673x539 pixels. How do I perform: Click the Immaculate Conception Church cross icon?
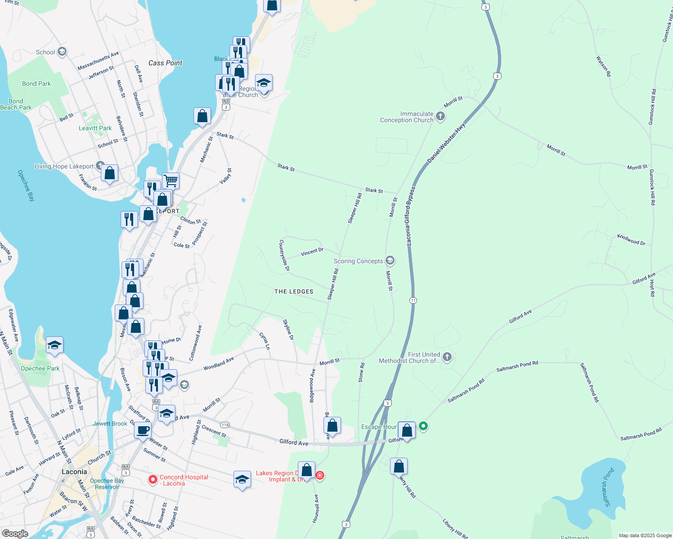[440, 117]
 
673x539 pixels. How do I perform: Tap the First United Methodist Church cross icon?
[447, 357]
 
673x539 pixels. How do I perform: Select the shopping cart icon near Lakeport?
[171, 181]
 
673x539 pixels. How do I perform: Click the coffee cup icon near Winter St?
[143, 430]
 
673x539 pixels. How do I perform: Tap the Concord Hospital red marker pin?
[153, 480]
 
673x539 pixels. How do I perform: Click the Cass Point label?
[166, 63]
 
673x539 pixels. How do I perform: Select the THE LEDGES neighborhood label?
[294, 292]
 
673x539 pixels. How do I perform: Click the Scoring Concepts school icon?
[390, 261]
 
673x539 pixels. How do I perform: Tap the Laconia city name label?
[74, 472]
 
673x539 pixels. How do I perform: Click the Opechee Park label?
[40, 368]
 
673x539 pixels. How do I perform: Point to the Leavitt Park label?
[95, 128]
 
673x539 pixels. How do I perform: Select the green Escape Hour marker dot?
[423, 425]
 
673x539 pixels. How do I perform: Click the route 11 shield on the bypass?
[413, 300]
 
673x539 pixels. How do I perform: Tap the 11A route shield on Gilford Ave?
[225, 425]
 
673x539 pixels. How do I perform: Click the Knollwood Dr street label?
[631, 239]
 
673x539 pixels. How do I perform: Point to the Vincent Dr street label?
[312, 252]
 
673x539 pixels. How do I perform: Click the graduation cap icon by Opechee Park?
[54, 345]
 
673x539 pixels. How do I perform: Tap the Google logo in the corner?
[15, 534]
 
